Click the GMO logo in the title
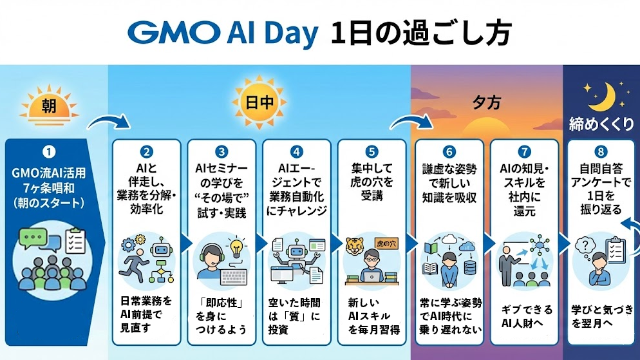point(173,33)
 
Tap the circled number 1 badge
point(48,152)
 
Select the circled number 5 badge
point(372,152)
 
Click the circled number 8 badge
point(601,152)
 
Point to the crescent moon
point(605,97)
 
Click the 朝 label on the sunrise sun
point(49,106)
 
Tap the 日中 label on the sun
point(259,102)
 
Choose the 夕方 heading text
point(487,102)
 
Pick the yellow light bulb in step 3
point(236,248)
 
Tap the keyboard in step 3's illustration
point(234,277)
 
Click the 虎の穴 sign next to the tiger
point(386,243)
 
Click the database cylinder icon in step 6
point(470,268)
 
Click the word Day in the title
point(291,34)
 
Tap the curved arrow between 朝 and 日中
point(109,120)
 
